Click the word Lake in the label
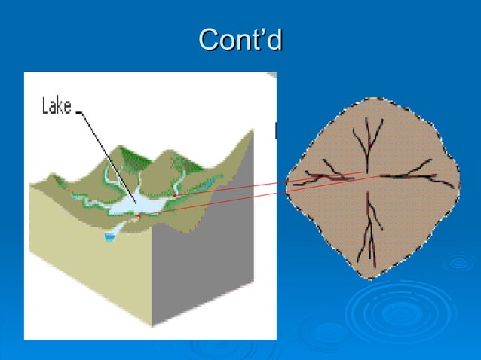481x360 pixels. point(56,108)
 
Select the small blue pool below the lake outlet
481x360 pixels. point(111,236)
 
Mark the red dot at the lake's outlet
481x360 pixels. point(138,216)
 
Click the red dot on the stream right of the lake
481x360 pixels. point(175,196)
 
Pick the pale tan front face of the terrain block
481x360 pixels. point(83,256)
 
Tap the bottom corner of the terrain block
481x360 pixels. point(153,326)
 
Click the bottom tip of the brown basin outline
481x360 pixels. point(367,277)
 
